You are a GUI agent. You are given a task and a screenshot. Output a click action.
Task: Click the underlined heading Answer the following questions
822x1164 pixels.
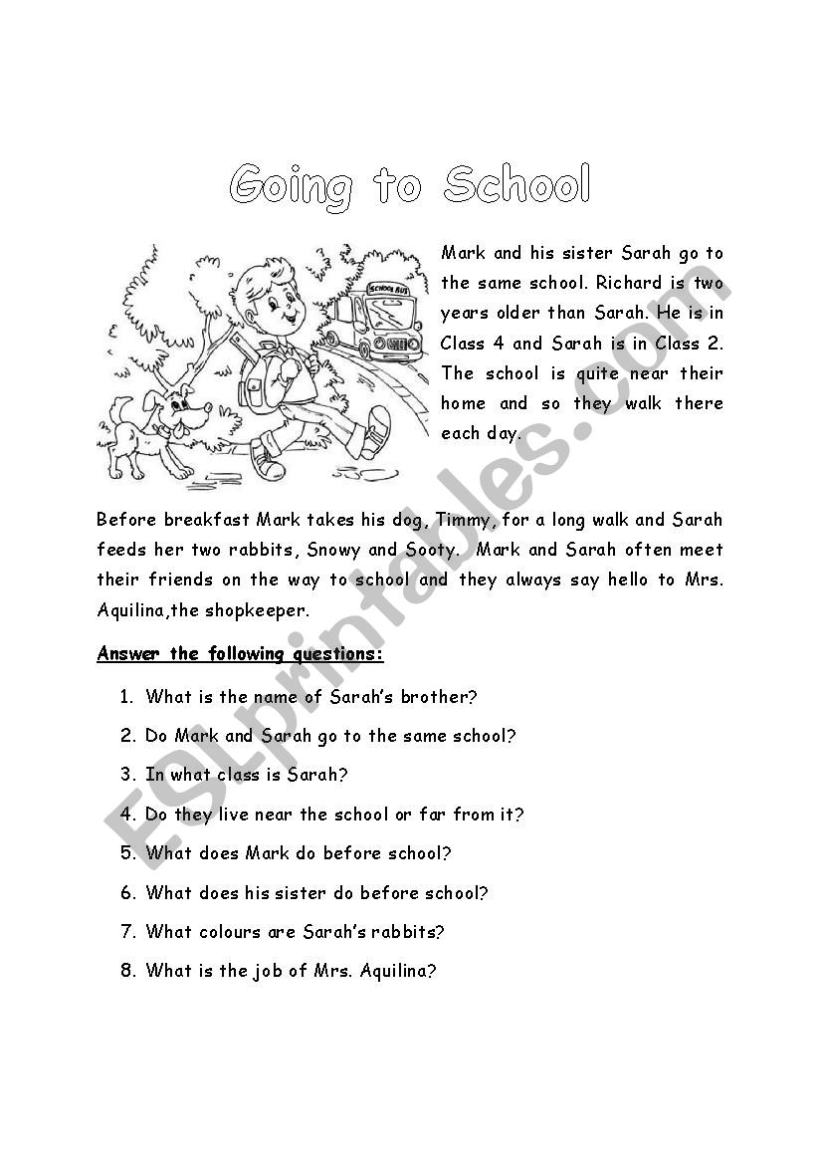coord(240,654)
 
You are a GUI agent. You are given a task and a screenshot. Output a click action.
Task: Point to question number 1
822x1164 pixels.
coord(126,697)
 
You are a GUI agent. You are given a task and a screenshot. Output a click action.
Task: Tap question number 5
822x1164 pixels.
coord(127,853)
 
